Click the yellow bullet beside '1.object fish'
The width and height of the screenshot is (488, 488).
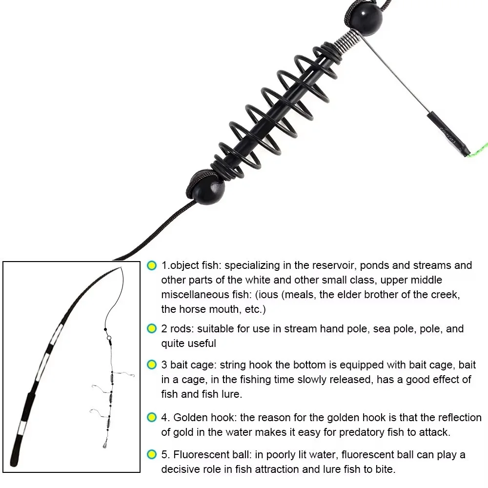pos(152,266)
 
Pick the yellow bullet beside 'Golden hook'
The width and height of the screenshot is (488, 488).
pos(152,418)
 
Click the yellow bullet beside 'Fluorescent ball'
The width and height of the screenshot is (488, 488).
pos(152,455)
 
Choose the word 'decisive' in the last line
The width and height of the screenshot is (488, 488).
pos(182,469)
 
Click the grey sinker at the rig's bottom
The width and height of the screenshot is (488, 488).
pos(104,446)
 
